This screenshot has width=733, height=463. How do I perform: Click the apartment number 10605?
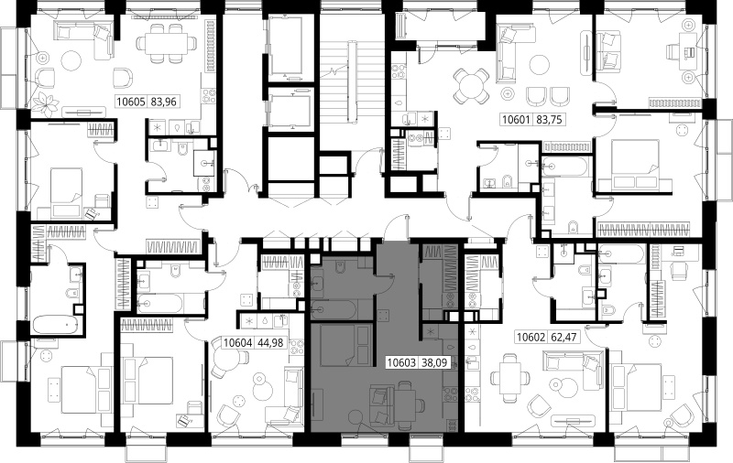pyautogui.click(x=132, y=102)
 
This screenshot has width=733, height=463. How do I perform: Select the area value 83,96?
pyautogui.click(x=164, y=102)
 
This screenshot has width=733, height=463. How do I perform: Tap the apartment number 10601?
pyautogui.click(x=516, y=120)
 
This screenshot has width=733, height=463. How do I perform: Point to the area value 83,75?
pyautogui.click(x=548, y=120)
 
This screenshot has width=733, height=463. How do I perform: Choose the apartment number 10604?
pyautogui.click(x=238, y=343)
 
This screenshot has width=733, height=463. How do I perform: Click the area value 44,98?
pyautogui.click(x=270, y=343)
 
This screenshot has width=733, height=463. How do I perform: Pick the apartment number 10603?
pyautogui.click(x=402, y=362)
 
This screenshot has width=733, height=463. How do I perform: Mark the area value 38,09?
pyautogui.click(x=433, y=362)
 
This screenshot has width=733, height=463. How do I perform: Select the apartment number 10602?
pyautogui.click(x=531, y=337)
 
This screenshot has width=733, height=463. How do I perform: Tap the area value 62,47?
pyautogui.click(x=563, y=337)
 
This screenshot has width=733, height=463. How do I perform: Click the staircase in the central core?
pyautogui.click(x=339, y=81)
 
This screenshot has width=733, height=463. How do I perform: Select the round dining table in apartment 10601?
pyautogui.click(x=472, y=87)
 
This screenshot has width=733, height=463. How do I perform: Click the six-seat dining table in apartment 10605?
pyautogui.click(x=167, y=43)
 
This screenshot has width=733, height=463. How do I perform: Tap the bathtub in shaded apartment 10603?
pyautogui.click(x=334, y=308)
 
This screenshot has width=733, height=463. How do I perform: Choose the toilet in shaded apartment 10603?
pyautogui.click(x=341, y=267)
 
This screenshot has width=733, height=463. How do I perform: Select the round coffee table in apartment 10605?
pyautogui.click(x=72, y=62)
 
